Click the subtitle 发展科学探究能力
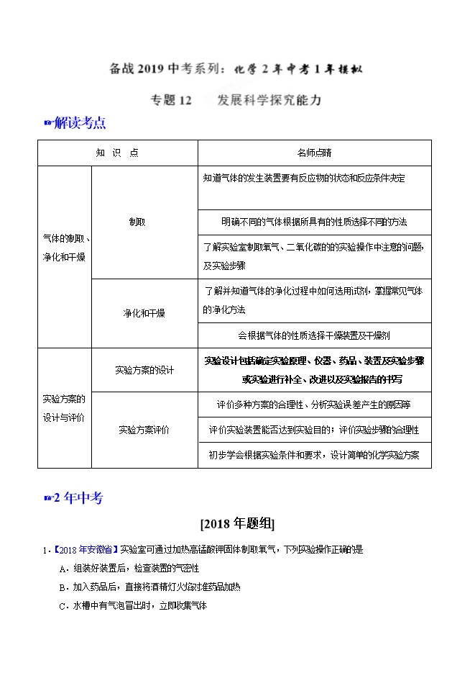pos(269,101)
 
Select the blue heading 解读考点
pos(80,123)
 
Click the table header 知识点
pos(117,153)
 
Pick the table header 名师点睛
pos(314,153)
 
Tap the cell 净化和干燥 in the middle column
pos(144,313)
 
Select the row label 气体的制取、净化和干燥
pos(64,247)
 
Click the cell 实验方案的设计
pos(144,370)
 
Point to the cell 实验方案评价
pos(144,430)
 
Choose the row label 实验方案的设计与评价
pos(64,407)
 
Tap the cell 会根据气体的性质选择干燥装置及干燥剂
pos(314,335)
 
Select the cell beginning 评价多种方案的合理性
pos(314,405)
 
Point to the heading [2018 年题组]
pos(237,523)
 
